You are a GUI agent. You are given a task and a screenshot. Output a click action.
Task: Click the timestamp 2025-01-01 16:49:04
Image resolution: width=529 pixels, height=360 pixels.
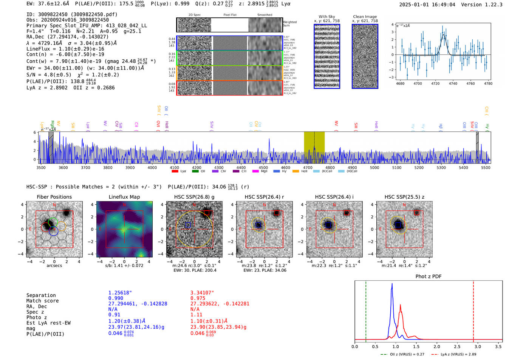pyautogui.click(x=427, y=5)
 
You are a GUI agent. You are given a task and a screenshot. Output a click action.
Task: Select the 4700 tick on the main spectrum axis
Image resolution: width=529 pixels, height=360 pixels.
pyautogui.click(x=308, y=168)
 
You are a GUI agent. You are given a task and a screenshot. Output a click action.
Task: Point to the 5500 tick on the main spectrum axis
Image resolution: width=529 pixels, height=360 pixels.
pyautogui.click(x=486, y=168)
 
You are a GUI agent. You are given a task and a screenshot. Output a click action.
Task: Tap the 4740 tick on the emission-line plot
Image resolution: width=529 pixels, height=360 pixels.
pyautogui.click(x=453, y=83)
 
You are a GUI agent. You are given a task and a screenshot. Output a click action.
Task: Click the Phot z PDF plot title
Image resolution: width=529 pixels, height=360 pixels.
pyautogui.click(x=428, y=277)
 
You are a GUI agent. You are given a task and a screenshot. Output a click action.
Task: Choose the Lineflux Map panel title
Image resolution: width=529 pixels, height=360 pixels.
pyautogui.click(x=124, y=197)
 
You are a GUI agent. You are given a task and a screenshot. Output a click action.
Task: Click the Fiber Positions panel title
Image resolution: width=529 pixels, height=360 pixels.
pyautogui.click(x=54, y=197)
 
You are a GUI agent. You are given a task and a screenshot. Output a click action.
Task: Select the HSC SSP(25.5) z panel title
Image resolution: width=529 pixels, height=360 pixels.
pyautogui.click(x=404, y=197)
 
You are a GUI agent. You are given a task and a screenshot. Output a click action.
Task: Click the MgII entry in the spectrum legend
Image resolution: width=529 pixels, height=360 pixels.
pyautogui.click(x=260, y=171)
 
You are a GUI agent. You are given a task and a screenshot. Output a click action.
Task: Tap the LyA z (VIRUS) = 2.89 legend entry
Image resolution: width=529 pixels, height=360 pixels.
pyautogui.click(x=454, y=354)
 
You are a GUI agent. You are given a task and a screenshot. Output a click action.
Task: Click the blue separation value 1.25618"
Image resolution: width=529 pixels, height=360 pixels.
pyautogui.click(x=120, y=293)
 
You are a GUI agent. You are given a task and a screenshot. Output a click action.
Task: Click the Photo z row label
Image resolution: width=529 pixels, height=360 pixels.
pyautogui.click(x=37, y=317)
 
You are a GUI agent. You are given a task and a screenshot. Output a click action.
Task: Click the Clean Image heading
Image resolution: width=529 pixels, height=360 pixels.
pyautogui.click(x=365, y=17)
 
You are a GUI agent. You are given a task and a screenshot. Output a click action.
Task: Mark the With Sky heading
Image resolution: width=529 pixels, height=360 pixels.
pyautogui.click(x=326, y=17)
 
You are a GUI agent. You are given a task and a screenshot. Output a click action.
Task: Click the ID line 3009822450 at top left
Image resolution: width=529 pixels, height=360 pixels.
pyautogui.click(x=72, y=14)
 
